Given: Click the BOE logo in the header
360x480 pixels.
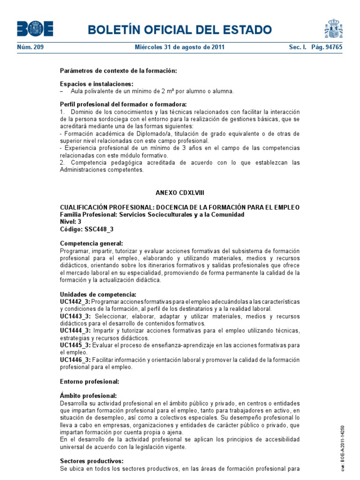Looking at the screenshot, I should point(35,29).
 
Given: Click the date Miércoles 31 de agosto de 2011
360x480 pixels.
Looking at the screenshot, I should point(180,47).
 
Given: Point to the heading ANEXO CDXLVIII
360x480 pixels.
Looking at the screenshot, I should point(180,193).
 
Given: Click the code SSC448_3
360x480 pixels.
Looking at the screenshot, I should point(99,229).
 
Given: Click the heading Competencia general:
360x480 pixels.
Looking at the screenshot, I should point(92,243).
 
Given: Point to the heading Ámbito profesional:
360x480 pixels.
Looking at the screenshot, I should point(89,396).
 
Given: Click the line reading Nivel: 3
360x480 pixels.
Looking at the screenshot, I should point(71,222).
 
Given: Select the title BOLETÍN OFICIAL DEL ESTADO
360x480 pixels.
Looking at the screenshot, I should point(180,30).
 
